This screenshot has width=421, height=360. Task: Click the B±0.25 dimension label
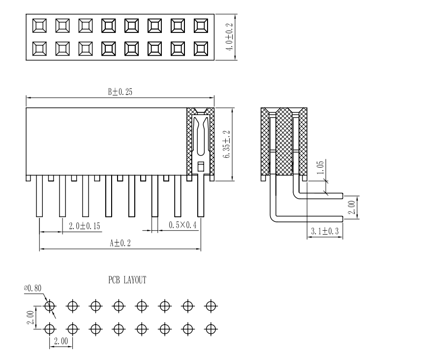[x=120, y=92]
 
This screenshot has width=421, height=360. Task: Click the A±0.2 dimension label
[x=120, y=243]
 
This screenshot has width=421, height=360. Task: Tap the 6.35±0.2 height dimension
[x=227, y=144]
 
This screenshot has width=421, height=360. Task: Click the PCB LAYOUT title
[x=127, y=280]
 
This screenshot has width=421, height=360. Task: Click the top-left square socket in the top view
[x=39, y=25]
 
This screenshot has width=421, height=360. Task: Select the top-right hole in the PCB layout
[x=210, y=306]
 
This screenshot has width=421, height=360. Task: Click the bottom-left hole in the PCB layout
[x=49, y=328]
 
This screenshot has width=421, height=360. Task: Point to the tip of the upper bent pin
[x=341, y=196]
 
